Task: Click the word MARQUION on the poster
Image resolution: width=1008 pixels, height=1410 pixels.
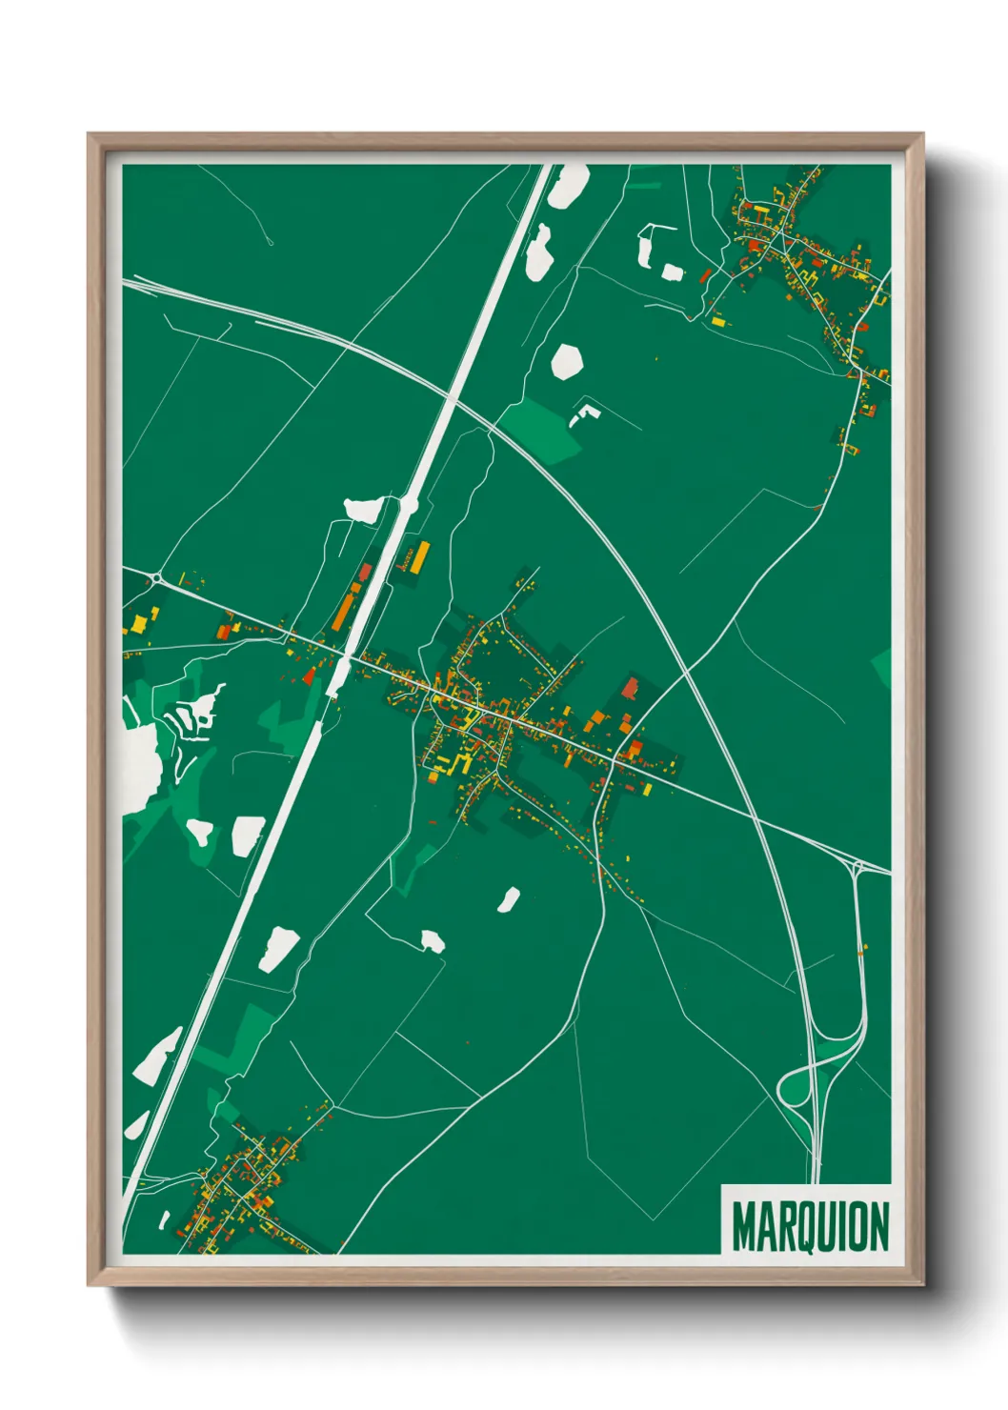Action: [x=810, y=1226]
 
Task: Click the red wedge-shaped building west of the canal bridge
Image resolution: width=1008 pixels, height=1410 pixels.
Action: [x=309, y=675]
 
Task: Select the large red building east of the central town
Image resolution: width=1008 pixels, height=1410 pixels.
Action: [x=630, y=689]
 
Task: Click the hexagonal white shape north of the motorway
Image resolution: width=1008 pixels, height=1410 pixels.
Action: [x=566, y=361]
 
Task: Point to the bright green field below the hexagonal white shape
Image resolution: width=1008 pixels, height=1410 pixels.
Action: [x=540, y=427]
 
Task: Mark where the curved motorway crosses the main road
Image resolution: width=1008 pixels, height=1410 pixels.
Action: [x=753, y=816]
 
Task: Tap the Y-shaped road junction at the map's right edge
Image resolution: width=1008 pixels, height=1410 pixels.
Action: [x=857, y=867]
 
